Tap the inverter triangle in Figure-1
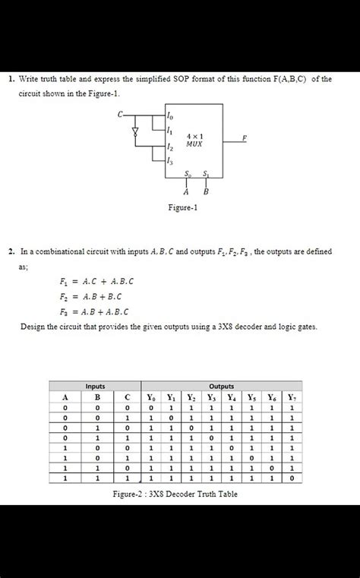[x=137, y=131]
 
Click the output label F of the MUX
[x=244, y=137]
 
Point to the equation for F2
[x=90, y=295]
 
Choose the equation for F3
[x=94, y=311]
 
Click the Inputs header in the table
[x=96, y=386]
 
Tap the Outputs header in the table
[x=221, y=386]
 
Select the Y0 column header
[x=153, y=396]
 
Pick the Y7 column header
[x=292, y=396]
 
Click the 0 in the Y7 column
[x=292, y=479]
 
